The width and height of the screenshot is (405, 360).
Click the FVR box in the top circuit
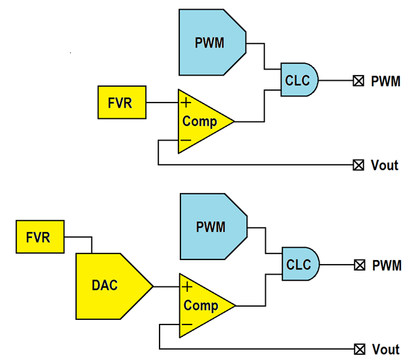pos(122,102)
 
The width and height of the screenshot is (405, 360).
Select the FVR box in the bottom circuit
pos(39,237)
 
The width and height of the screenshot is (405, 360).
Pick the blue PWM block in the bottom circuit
pos(211,227)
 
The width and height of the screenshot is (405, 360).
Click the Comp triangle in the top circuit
pos(201,122)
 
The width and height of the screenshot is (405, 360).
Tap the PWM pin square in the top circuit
pos(358,81)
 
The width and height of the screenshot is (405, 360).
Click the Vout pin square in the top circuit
pos(358,165)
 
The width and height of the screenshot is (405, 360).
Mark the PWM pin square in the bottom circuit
pos(359,265)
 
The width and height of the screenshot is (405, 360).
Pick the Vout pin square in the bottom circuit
pos(359,349)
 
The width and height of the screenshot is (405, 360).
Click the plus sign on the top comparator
pos(186,102)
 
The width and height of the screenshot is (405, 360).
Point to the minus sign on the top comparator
pos(186,141)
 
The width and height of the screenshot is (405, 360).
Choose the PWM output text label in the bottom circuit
pos(387,265)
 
